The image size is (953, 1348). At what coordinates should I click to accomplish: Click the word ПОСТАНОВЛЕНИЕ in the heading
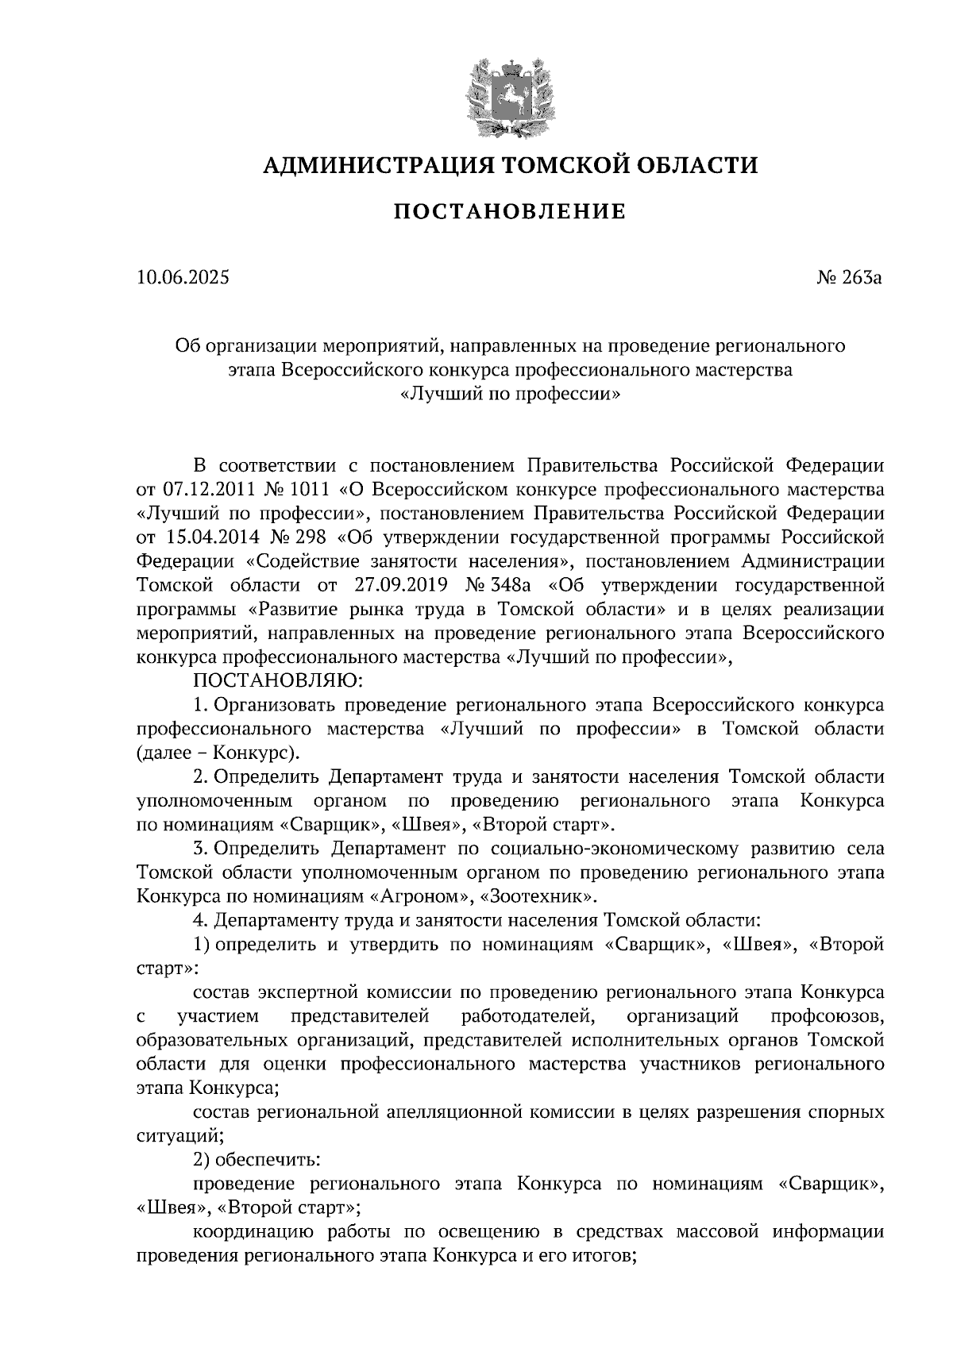pos(509,212)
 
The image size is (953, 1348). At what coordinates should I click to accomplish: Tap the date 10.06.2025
pos(182,278)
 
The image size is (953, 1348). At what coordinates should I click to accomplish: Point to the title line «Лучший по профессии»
pos(509,394)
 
